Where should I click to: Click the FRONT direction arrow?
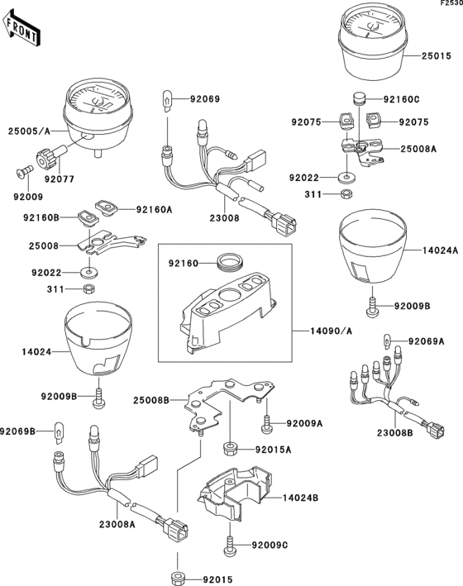(21, 28)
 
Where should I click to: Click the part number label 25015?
(437, 56)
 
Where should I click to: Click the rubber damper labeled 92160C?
(359, 99)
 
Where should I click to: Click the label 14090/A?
(331, 331)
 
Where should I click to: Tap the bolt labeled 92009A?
(267, 423)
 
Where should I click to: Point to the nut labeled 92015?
(178, 579)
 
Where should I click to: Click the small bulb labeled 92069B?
(59, 432)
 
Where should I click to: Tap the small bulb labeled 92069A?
(388, 341)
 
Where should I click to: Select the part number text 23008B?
(395, 433)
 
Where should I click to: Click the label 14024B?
(300, 498)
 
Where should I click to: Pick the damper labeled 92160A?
(106, 207)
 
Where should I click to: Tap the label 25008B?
(151, 400)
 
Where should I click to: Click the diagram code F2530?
(451, 3)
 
